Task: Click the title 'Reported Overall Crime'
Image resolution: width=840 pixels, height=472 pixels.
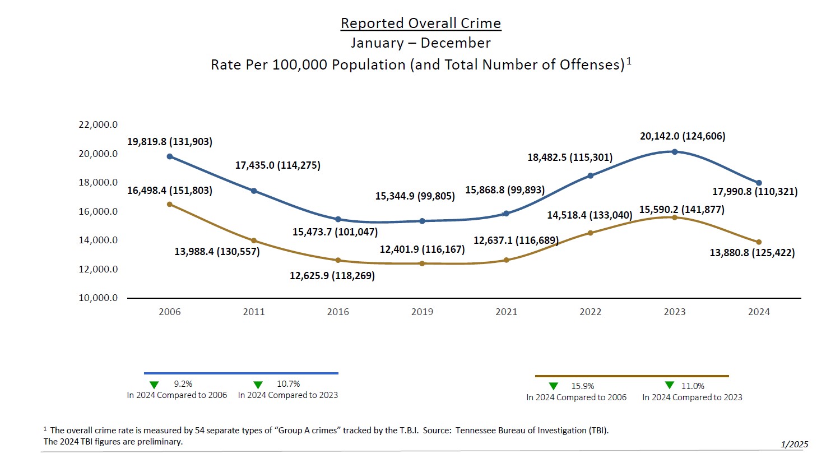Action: tap(420, 23)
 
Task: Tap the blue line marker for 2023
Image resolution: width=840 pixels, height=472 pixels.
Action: tap(675, 152)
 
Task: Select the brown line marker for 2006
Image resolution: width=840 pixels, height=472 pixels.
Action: tap(170, 205)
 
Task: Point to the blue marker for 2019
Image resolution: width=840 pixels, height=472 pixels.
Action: tap(422, 221)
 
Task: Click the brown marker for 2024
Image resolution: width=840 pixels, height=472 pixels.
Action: tap(759, 242)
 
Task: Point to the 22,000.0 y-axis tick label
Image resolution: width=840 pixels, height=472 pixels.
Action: tap(98, 124)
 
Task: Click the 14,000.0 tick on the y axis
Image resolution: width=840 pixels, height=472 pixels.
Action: tap(98, 240)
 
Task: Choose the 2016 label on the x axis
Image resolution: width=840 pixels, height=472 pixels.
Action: tap(338, 312)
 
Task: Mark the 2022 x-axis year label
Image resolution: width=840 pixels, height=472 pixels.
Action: tap(590, 312)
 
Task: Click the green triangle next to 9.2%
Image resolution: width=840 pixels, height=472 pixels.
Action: tap(154, 385)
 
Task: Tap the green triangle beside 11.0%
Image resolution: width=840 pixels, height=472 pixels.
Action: tap(669, 385)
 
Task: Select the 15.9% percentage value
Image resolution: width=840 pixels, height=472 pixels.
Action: tap(583, 386)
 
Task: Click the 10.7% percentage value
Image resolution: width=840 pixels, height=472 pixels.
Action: tap(289, 384)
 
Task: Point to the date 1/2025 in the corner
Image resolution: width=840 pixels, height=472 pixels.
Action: tap(794, 445)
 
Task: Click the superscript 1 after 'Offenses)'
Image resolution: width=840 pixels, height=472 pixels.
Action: tap(629, 61)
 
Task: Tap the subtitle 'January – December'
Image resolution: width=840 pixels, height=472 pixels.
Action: tap(420, 43)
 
